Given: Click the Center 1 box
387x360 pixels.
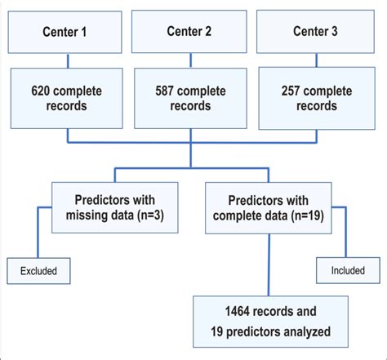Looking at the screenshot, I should (65, 32).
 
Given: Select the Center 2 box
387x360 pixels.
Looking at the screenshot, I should (189, 32).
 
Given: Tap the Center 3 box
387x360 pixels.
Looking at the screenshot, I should (314, 32).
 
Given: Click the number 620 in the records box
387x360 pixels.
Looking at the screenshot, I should (44, 91).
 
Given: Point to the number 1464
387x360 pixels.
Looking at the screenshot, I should (225, 311).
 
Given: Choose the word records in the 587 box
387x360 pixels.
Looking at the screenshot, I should (190, 106).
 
